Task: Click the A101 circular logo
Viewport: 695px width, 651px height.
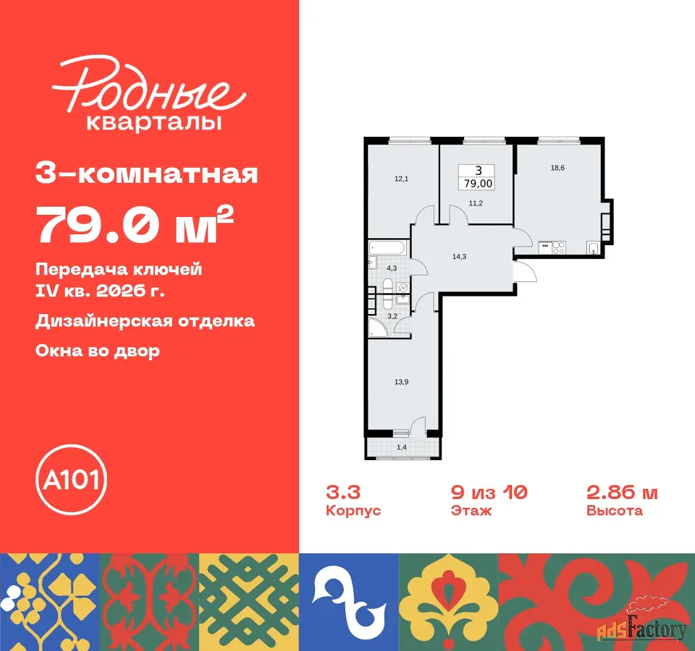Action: click(72, 480)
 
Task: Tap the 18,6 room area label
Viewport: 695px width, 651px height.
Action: click(557, 168)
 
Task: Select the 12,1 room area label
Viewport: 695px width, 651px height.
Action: click(401, 179)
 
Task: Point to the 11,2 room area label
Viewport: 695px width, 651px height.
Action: click(476, 203)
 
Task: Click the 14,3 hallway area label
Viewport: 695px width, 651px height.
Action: click(459, 256)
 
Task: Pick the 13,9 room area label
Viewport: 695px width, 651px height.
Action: click(401, 382)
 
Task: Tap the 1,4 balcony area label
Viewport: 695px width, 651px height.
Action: click(402, 447)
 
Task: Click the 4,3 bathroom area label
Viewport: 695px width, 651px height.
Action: click(392, 268)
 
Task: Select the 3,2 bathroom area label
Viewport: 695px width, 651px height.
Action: click(392, 316)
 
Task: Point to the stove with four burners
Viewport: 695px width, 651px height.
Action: click(559, 247)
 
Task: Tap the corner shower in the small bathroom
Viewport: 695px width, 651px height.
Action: click(378, 328)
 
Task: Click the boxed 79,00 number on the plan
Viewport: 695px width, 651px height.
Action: click(478, 183)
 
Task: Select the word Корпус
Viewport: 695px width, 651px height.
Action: click(353, 511)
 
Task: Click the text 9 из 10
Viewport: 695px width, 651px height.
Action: click(489, 492)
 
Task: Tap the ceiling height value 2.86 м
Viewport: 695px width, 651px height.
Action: click(622, 492)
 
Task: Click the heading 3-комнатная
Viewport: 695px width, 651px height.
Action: click(147, 174)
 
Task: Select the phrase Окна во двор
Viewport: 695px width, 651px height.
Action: click(98, 351)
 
